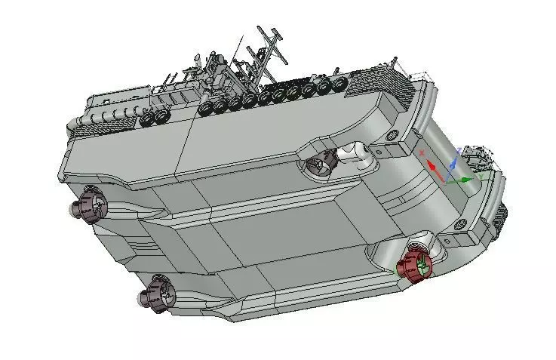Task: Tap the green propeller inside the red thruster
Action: pos(422,265)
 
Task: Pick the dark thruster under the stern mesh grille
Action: pos(89,205)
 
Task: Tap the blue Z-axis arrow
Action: pos(453,162)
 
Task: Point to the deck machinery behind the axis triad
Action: pos(478,157)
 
